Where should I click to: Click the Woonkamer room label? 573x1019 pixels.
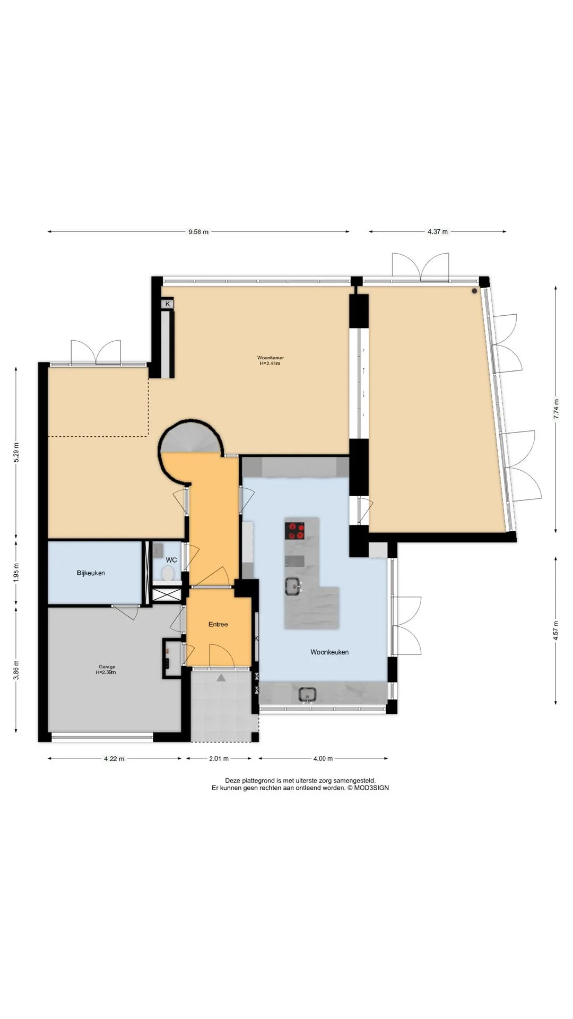pyautogui.click(x=270, y=358)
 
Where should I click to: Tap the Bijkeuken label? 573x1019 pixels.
pyautogui.click(x=91, y=573)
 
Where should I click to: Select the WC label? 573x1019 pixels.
pyautogui.click(x=171, y=560)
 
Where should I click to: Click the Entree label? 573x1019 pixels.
pyautogui.click(x=218, y=624)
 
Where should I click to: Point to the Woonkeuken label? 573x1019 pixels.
pyautogui.click(x=329, y=652)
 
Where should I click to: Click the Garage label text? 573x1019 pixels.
pyautogui.click(x=107, y=667)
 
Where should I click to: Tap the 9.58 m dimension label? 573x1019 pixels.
pyautogui.click(x=198, y=231)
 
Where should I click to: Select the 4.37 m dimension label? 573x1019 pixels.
pyautogui.click(x=438, y=231)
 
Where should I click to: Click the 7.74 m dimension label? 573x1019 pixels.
pyautogui.click(x=556, y=409)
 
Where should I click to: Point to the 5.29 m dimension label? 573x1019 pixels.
pyautogui.click(x=16, y=452)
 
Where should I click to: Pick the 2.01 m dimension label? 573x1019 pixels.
pyautogui.click(x=218, y=758)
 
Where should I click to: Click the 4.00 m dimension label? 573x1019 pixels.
pyautogui.click(x=323, y=758)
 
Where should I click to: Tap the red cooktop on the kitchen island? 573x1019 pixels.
pyautogui.click(x=295, y=530)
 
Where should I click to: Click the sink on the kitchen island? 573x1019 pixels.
pyautogui.click(x=292, y=586)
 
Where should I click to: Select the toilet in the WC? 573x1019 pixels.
pyautogui.click(x=168, y=574)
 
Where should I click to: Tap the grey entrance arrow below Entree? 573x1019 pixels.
pyautogui.click(x=221, y=677)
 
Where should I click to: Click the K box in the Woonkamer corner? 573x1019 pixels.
pyautogui.click(x=168, y=304)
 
